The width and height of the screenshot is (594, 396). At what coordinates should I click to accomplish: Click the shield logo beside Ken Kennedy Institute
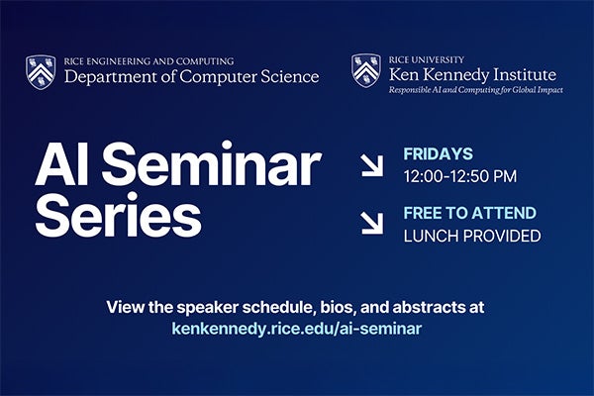point(365,70)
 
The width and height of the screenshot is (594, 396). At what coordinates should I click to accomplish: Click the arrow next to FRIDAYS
point(372,165)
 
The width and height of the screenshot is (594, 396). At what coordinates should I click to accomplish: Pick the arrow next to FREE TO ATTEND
point(372,224)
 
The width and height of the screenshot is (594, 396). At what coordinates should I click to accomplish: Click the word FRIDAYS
point(438,154)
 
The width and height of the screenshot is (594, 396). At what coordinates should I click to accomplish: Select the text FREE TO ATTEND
point(469,213)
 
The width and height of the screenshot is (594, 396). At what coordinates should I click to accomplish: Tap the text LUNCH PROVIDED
point(471,236)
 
